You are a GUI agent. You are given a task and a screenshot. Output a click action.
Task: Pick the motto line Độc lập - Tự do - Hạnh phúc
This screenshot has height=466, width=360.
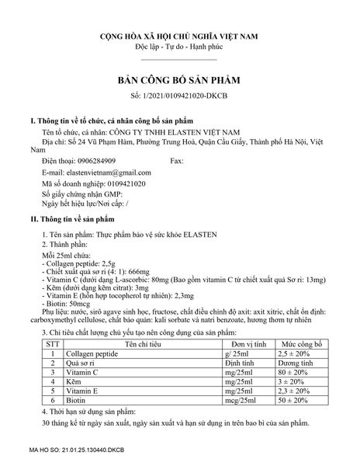pyautogui.click(x=179, y=47)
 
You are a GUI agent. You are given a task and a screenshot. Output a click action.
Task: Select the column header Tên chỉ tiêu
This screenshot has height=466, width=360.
pyautogui.click(x=140, y=343)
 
